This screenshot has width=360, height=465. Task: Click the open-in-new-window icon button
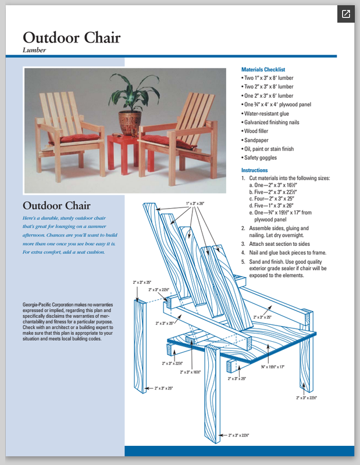click(x=345, y=14)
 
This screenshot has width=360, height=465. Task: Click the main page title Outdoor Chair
click(x=72, y=38)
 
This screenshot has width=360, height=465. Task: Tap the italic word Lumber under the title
click(x=34, y=50)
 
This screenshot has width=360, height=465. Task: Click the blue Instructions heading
click(x=254, y=170)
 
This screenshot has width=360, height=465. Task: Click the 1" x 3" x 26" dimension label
click(x=195, y=203)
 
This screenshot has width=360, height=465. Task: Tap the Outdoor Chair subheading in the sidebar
click(x=56, y=205)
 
